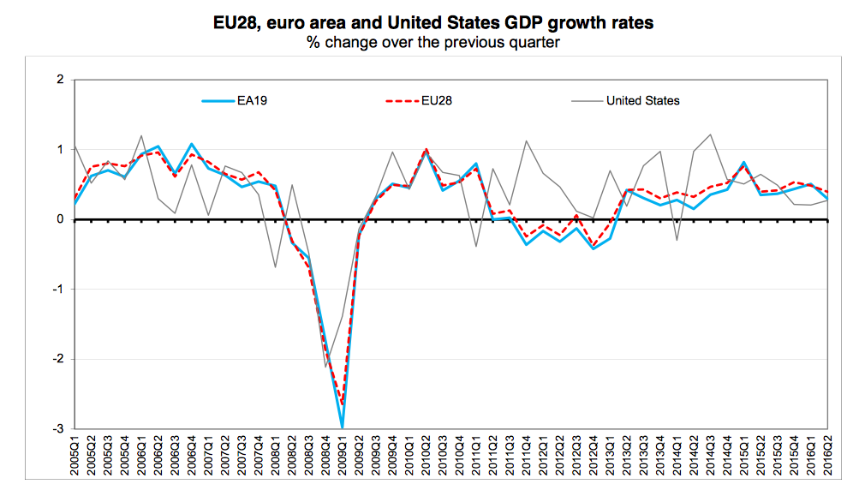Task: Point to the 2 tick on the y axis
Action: coord(60,80)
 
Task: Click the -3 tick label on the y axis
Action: coord(58,428)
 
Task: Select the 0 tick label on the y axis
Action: coord(60,219)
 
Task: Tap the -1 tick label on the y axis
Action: coord(58,290)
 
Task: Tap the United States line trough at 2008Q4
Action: coord(325,367)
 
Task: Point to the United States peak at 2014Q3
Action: coord(710,134)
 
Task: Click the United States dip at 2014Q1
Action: coord(677,240)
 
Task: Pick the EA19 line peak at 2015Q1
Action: coord(743,162)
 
